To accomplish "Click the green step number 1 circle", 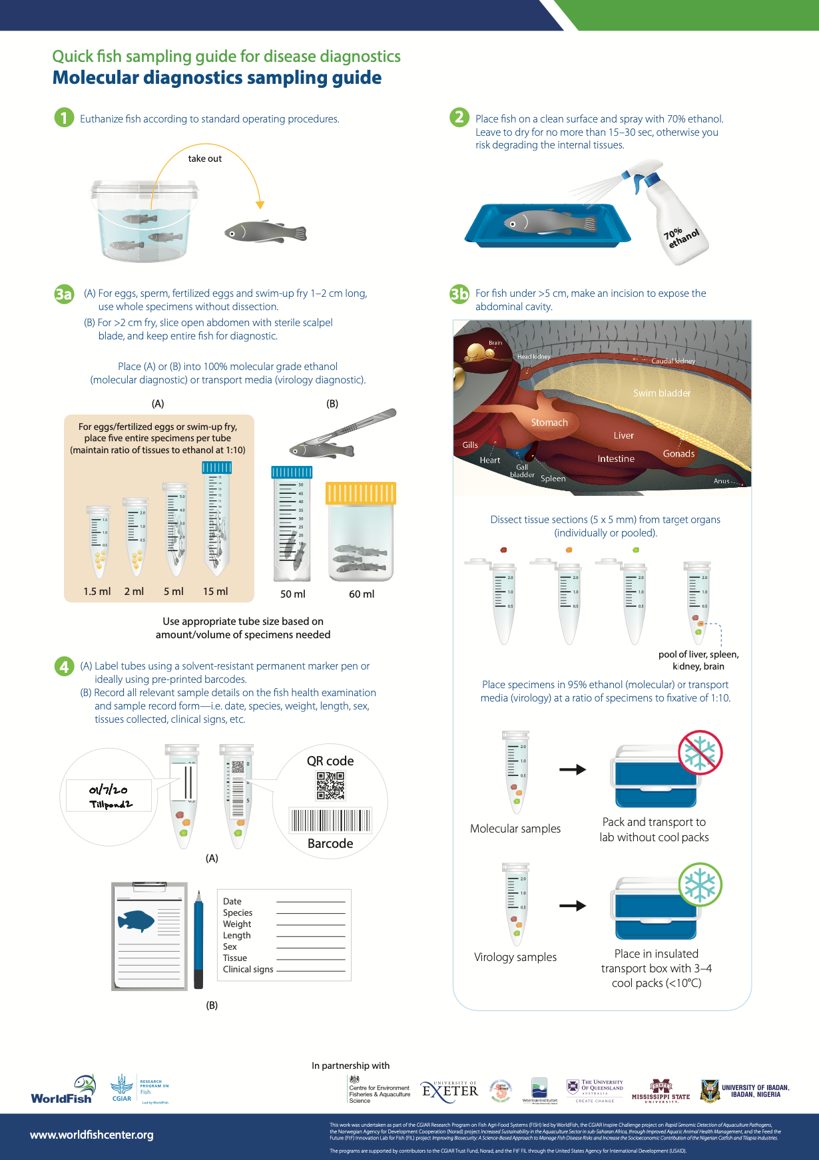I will click(64, 118).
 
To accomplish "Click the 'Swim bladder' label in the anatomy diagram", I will click(661, 393).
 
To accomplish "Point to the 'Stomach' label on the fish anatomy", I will click(549, 423).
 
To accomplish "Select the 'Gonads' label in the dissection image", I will click(679, 454).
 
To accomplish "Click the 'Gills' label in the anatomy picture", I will click(470, 445).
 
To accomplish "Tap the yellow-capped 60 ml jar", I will click(360, 532).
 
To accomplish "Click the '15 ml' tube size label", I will click(215, 591).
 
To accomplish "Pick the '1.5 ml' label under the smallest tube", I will click(97, 591).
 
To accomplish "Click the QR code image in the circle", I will click(330, 785).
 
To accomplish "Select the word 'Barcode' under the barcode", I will click(330, 843).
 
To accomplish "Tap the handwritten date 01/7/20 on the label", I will click(108, 790).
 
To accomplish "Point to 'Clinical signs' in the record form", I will click(248, 969).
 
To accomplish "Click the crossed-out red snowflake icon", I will click(700, 752).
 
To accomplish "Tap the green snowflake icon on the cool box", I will click(700, 884).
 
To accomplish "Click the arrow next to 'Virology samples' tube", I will click(572, 905).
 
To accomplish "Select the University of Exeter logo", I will click(450, 1090).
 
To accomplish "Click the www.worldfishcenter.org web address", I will click(92, 1135).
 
